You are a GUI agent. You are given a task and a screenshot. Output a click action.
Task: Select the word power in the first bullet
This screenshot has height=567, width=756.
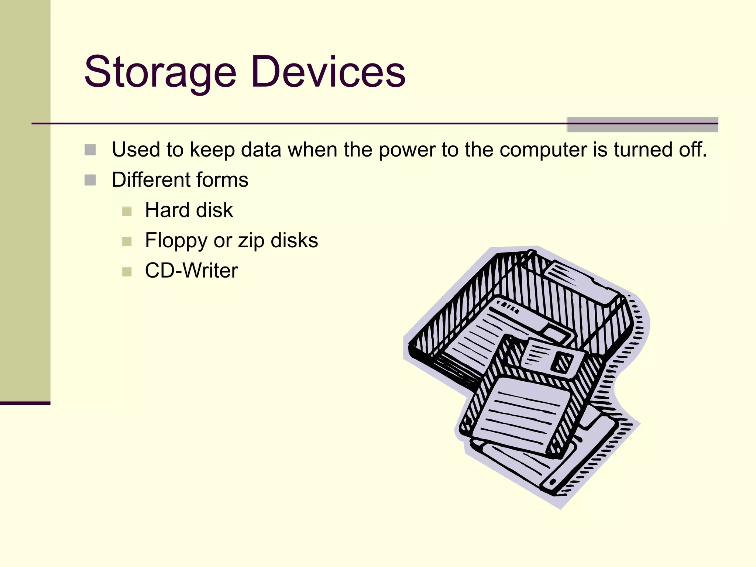point(407,151)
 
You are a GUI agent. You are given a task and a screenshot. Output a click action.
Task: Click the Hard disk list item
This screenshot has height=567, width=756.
point(189,210)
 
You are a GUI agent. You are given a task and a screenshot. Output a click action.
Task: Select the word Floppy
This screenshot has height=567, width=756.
point(176,241)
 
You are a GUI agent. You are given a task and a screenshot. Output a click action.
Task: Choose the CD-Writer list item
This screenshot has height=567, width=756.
point(191,271)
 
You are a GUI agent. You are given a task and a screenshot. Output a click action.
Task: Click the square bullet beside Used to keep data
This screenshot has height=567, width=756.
point(90,150)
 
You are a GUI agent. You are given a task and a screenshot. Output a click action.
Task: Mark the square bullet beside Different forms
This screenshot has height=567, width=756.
point(90,180)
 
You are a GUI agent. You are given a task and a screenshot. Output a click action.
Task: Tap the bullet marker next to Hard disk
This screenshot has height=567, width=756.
point(127,211)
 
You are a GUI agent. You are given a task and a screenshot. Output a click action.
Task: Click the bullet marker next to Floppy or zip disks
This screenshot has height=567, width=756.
point(127,241)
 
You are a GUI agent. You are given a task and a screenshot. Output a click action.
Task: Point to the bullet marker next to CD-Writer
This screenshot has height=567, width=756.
point(127,272)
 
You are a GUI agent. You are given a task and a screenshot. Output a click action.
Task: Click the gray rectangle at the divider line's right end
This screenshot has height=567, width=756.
point(642,125)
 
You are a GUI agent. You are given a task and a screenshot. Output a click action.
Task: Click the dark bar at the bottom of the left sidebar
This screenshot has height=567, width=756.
point(25,403)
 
